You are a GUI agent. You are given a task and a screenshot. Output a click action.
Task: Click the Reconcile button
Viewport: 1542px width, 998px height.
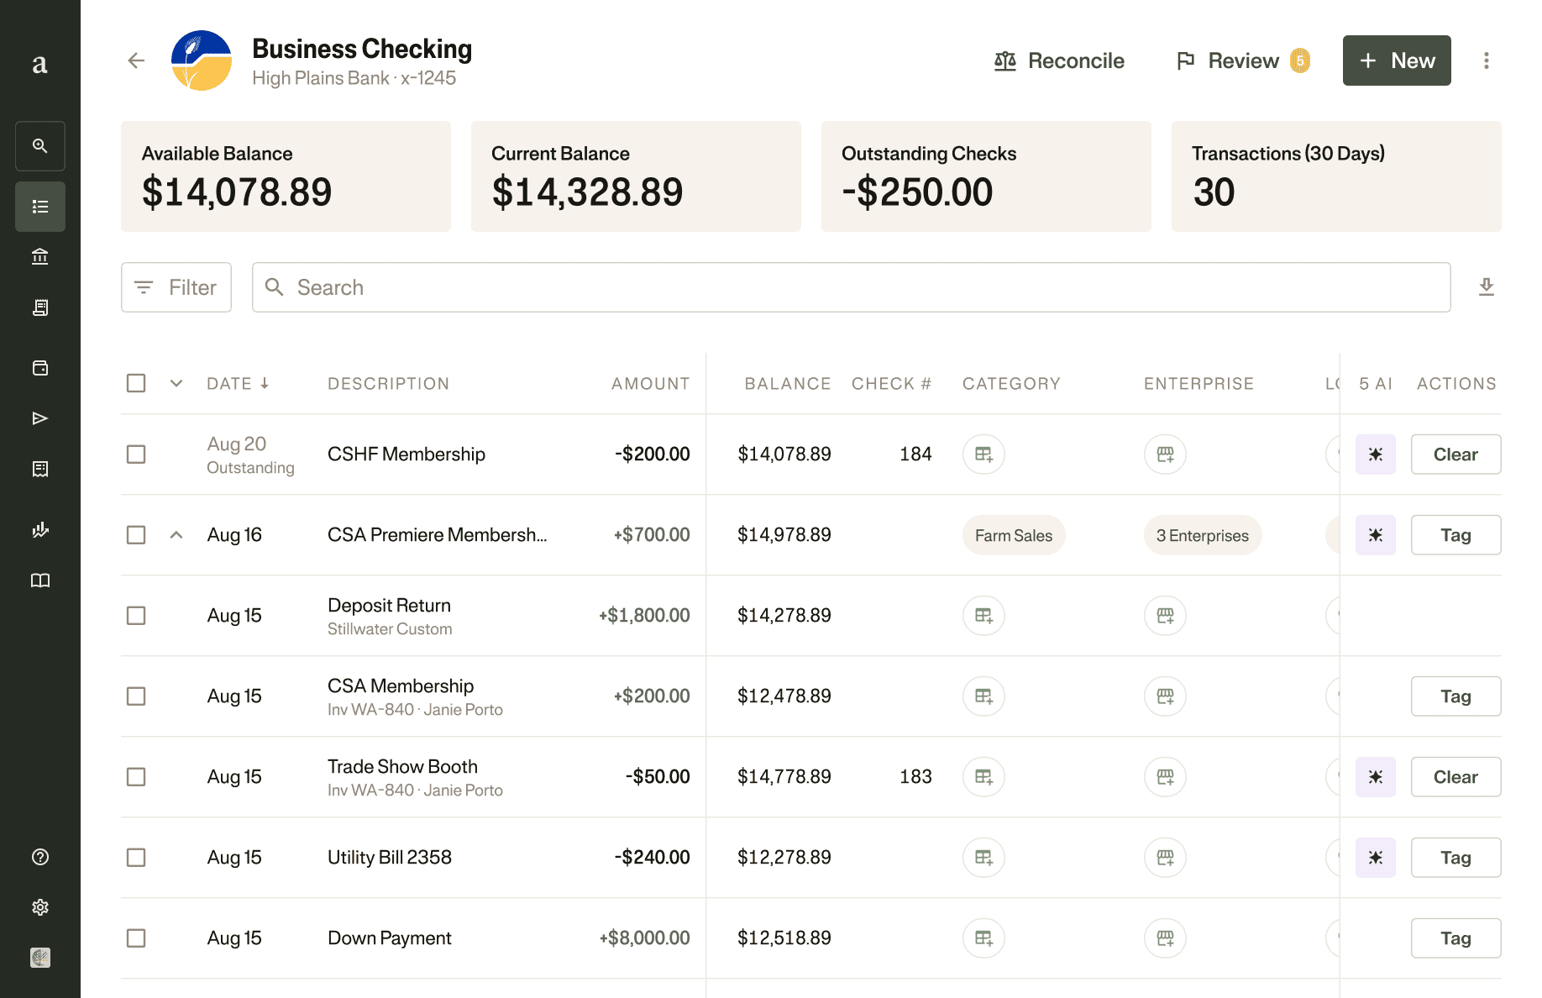coord(1059,60)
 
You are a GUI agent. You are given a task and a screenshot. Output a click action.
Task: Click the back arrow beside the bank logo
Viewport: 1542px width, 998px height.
coord(136,60)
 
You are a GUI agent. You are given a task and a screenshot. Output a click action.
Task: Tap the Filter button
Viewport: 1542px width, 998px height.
coord(176,287)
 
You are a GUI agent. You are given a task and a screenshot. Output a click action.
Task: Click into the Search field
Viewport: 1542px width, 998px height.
coord(850,287)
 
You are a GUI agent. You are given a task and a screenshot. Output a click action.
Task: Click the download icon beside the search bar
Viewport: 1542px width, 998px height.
coord(1486,287)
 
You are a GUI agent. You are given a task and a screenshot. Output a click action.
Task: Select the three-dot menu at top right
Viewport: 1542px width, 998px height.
coord(1486,60)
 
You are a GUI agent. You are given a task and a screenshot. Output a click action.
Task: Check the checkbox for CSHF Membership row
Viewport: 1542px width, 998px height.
coord(136,454)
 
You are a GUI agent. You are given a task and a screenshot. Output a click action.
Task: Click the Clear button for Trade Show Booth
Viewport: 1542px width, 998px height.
coord(1455,777)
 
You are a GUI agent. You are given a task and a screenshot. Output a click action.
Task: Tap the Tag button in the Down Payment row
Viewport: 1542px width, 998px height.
coord(1455,938)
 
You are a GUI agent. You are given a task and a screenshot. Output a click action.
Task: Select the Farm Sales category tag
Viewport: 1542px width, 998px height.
coord(1013,535)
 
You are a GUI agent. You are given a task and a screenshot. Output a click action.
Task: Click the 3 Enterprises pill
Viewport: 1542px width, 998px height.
coord(1202,535)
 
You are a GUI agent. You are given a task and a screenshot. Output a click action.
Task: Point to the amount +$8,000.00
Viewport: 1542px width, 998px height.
coord(644,938)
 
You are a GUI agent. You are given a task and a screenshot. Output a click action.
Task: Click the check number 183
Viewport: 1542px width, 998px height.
coord(915,777)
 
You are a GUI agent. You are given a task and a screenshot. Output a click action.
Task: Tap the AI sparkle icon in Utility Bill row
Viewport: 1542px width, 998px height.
coord(1375,858)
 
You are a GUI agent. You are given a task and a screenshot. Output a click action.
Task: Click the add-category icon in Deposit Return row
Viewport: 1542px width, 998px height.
coord(983,616)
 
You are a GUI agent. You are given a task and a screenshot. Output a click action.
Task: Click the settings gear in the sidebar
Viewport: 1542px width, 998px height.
coord(40,907)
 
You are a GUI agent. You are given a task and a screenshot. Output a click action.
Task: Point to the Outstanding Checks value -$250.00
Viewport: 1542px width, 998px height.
coord(917,192)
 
